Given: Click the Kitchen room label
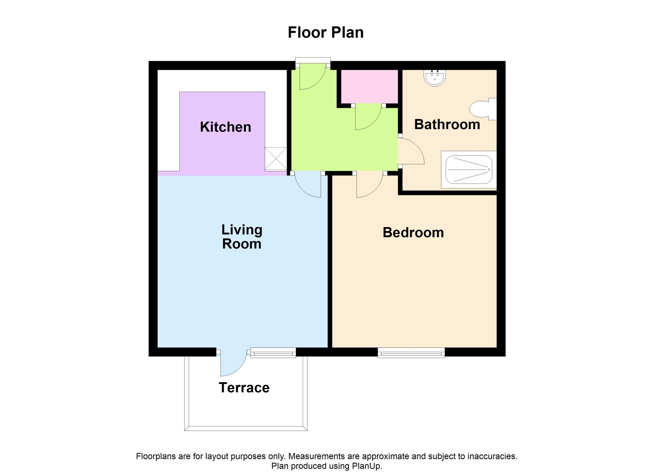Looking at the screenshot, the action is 226,127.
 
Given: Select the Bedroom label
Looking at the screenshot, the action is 413,233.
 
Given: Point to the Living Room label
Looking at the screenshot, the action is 242,237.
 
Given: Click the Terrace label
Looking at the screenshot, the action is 244,388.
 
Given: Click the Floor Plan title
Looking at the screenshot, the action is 325,32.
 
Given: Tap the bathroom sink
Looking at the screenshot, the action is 435,78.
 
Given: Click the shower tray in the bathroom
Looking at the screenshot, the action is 469,170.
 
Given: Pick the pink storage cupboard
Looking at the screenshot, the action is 369,86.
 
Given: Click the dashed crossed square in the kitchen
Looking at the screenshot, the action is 276,159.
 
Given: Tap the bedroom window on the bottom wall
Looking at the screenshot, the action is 411,353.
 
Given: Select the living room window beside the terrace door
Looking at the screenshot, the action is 273,353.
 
